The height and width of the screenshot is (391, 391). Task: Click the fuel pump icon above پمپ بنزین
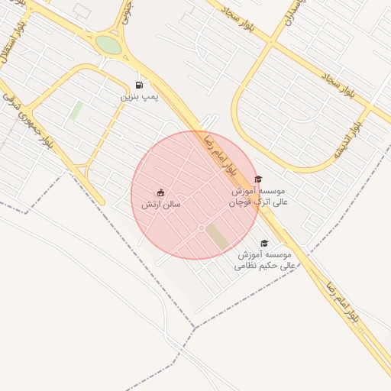pos(139,85)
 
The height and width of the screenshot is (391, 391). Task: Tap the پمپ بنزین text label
pos(140,98)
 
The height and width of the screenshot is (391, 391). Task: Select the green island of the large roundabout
pos(108,45)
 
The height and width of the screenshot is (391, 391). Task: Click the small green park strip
pos(76,111)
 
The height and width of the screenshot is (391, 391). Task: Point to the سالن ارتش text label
pos(160,205)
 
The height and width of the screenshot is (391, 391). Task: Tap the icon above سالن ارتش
pos(160,192)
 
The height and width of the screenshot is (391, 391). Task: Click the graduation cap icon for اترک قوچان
pos(257,179)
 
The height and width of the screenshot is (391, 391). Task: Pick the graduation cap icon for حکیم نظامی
pos(264,243)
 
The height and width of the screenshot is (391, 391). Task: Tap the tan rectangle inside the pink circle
pos(218,236)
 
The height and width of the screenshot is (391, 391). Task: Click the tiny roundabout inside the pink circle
pos(202,228)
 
